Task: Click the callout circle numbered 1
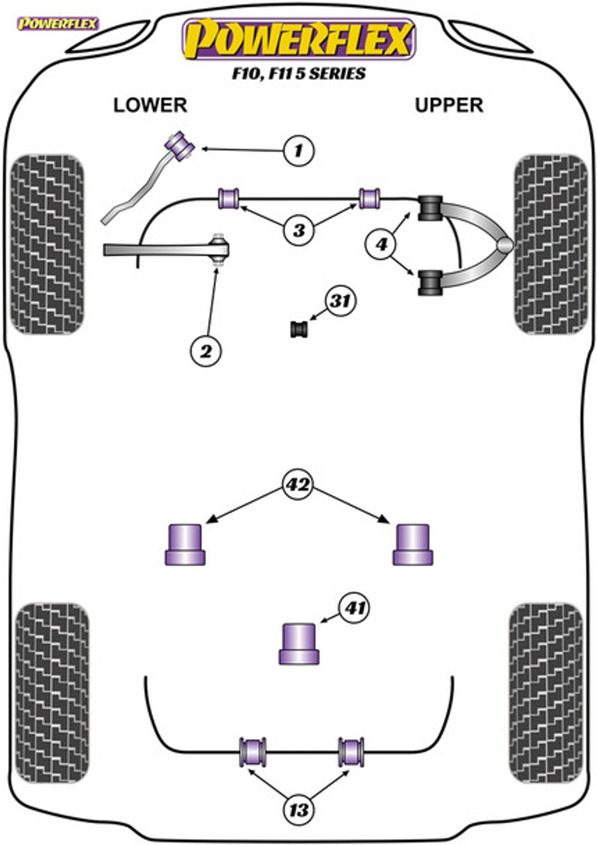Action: [298, 150]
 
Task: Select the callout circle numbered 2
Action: [206, 352]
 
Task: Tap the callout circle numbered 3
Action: [299, 230]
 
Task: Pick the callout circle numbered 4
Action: [381, 245]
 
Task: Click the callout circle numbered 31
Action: [340, 301]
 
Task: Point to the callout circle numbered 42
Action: [298, 484]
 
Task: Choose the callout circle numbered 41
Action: [355, 607]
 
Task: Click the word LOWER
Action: [150, 105]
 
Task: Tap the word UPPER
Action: [449, 105]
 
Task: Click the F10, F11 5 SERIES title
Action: [298, 74]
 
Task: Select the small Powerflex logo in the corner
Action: [58, 24]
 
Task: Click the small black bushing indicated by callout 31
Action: [299, 329]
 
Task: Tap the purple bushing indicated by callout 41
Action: [299, 644]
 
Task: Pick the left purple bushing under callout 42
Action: [185, 545]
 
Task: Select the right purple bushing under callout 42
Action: [413, 545]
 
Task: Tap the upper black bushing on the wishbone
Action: [430, 208]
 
